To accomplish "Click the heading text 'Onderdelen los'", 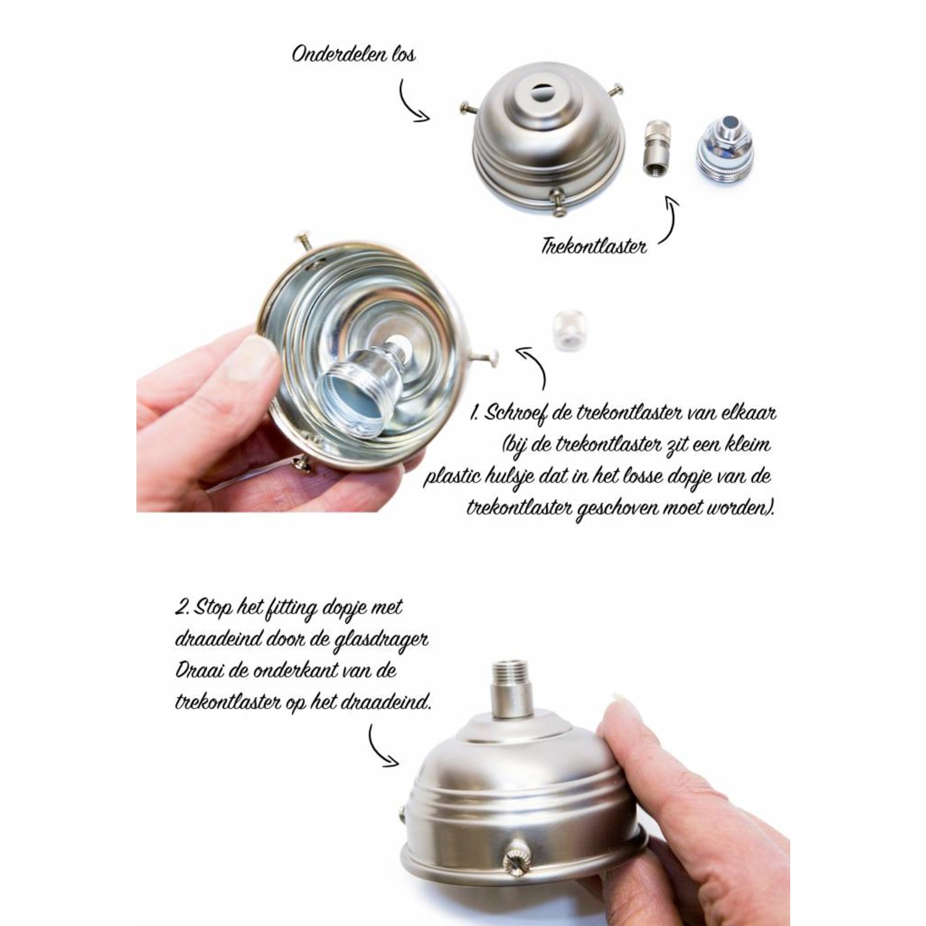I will [x=353, y=54].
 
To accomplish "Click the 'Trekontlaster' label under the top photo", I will [x=593, y=247].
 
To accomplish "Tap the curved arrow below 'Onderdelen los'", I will [x=411, y=102].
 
